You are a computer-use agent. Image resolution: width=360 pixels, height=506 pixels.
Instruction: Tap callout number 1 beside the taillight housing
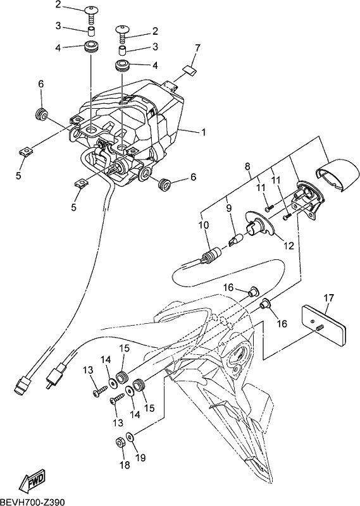203,132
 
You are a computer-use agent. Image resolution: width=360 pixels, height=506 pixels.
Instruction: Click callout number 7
197,49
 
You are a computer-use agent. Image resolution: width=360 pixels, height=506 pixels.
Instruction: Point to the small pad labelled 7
189,70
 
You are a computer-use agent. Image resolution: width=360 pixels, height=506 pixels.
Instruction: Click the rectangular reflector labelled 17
323,326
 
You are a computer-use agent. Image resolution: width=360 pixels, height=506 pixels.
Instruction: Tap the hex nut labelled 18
120,443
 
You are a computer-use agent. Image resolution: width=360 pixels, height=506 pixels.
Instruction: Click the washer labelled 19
130,438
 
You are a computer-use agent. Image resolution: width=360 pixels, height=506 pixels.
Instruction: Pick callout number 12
289,246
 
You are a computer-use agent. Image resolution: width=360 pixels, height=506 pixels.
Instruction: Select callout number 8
247,167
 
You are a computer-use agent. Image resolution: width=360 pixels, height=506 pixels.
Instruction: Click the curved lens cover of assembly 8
336,175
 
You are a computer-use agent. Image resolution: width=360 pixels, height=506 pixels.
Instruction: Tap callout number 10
204,225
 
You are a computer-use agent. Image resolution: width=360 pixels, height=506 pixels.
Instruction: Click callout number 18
125,465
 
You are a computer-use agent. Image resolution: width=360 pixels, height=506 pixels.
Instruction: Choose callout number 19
140,457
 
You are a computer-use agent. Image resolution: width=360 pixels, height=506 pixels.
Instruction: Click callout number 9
229,208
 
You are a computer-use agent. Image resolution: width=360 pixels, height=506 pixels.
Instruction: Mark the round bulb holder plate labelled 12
260,225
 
